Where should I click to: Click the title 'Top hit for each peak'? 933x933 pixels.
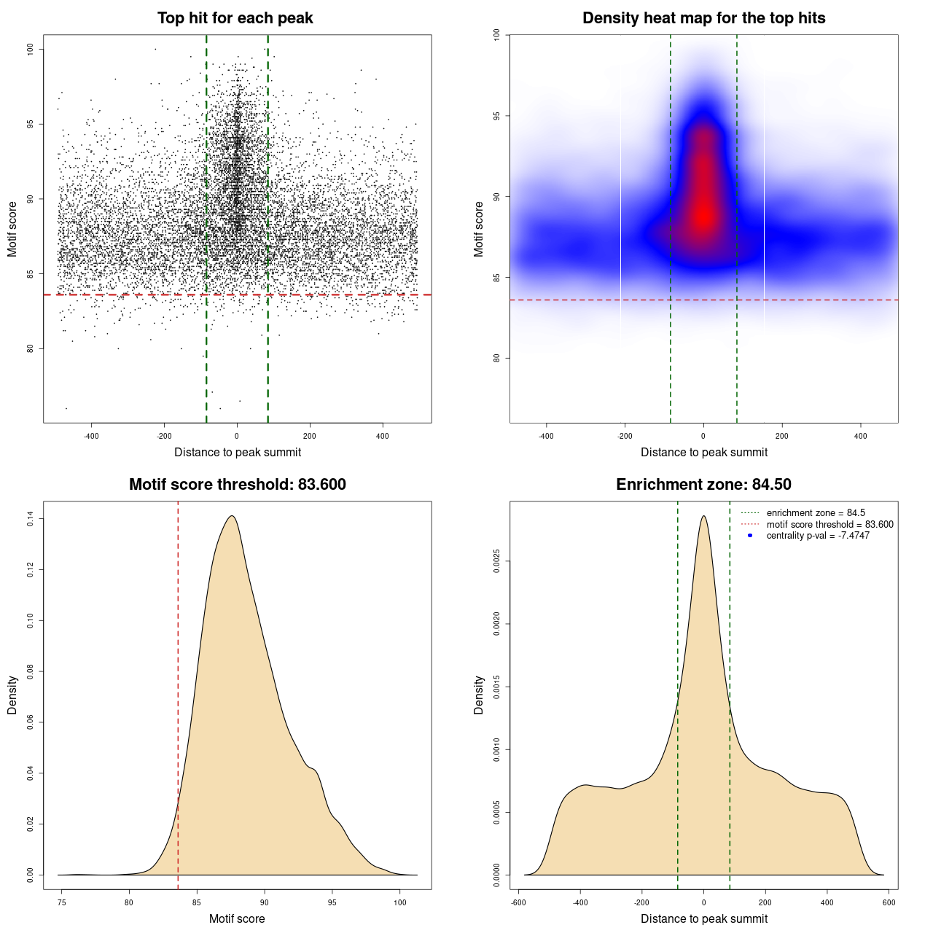click(235, 18)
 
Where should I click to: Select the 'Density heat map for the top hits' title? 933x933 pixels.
click(703, 18)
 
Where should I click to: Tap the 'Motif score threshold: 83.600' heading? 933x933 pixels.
click(237, 485)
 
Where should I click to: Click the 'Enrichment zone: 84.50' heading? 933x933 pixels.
click(703, 485)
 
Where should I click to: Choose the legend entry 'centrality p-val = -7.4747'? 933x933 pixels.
click(818, 536)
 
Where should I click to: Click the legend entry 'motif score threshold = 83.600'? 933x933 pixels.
click(829, 525)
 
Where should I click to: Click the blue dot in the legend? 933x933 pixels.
click(750, 536)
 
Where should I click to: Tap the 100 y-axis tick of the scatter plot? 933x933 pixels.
click(30, 49)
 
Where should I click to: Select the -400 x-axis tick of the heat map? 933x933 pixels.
click(546, 437)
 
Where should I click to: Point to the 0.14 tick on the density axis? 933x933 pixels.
click(30, 519)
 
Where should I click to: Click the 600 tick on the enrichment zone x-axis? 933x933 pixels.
click(889, 903)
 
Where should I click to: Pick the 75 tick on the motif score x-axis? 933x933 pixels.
click(62, 903)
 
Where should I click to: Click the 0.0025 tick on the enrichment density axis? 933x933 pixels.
click(496, 561)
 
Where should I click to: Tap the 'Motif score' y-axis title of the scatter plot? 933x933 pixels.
click(12, 229)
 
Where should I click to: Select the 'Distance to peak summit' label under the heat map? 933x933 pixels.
click(703, 453)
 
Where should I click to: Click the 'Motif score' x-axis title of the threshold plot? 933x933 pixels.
click(237, 919)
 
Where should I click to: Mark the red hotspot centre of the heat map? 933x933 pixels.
click(703, 216)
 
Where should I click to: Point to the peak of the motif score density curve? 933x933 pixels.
click(232, 516)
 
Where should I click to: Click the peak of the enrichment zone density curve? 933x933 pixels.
click(703, 516)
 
